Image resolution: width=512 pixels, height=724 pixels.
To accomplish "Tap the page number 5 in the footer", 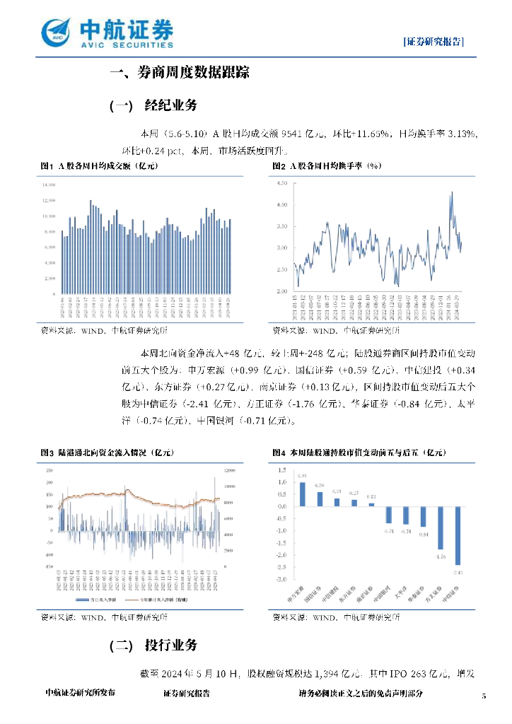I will click(484, 695).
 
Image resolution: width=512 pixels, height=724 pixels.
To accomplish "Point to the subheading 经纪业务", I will click(170, 106).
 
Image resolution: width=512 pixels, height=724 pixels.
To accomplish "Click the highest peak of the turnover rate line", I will click(451, 192).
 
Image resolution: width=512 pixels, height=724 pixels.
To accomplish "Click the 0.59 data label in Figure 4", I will click(319, 486).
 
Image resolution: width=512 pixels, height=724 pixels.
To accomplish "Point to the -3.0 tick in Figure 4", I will click(281, 580).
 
